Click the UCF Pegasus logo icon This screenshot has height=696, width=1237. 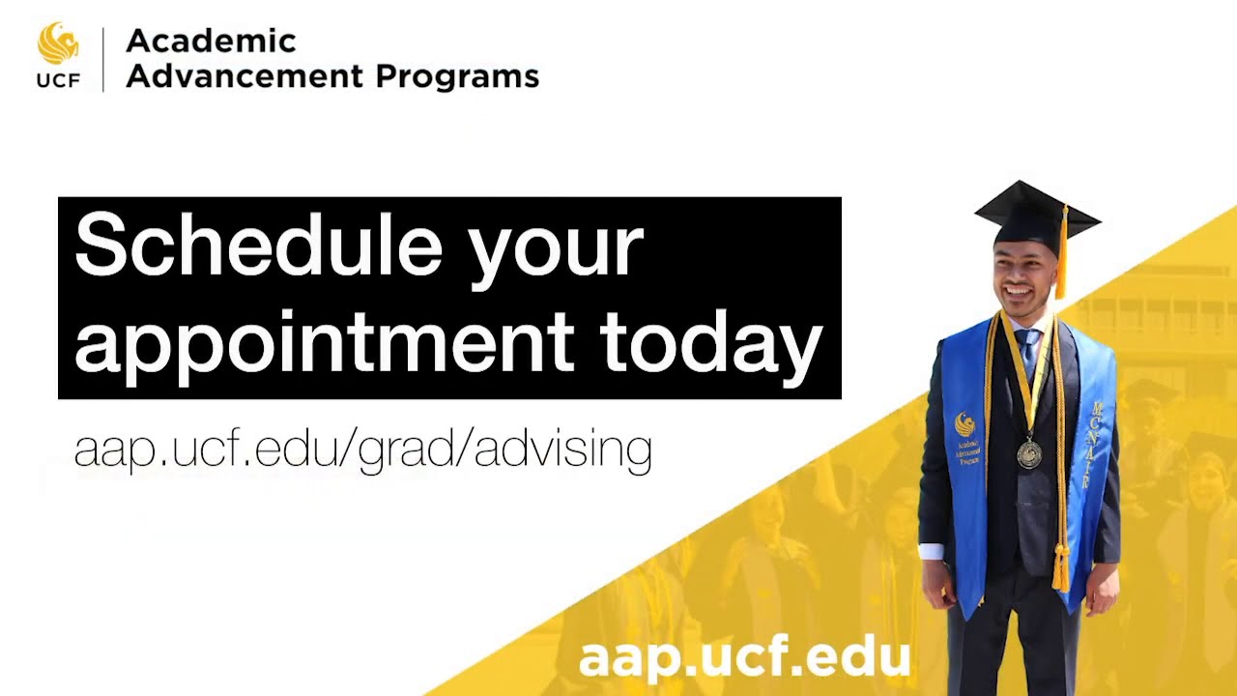(x=58, y=44)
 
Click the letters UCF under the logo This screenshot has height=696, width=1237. (x=58, y=81)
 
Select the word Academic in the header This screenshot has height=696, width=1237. (x=211, y=41)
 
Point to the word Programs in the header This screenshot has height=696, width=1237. (x=456, y=75)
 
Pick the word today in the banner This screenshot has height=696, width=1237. (x=710, y=343)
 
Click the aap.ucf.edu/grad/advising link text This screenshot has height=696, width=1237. (x=362, y=449)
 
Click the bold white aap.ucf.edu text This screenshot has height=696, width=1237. (x=744, y=657)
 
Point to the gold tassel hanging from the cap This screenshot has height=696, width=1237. (x=1061, y=256)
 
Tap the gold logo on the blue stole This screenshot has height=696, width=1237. (x=964, y=423)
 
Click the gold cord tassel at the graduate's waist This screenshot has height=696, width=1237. (x=1061, y=568)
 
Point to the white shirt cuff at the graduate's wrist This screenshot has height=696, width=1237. (x=930, y=552)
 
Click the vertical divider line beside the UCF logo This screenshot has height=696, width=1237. (x=103, y=60)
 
